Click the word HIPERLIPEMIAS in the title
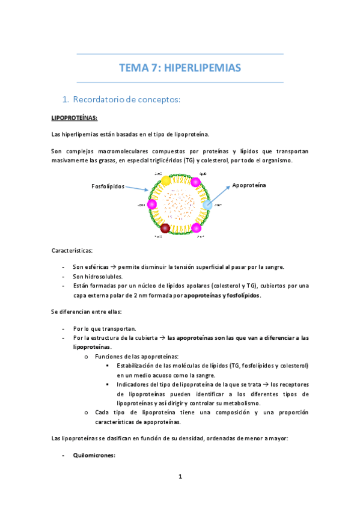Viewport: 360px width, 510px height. click(203, 68)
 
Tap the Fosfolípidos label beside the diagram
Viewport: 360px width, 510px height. click(108, 186)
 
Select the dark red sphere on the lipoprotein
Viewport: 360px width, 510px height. click(165, 228)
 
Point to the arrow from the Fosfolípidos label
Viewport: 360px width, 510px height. click(137, 189)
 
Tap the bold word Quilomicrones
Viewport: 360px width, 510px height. click(93, 455)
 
